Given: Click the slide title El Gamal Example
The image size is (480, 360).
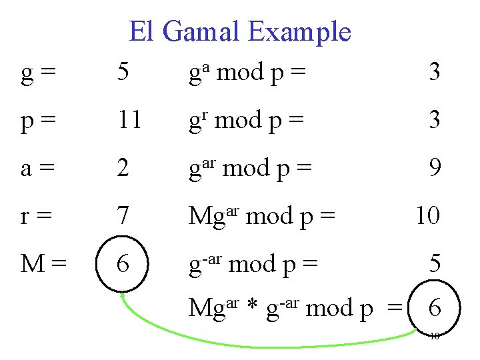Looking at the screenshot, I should [240, 31].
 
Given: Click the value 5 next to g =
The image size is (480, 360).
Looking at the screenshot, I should [122, 72].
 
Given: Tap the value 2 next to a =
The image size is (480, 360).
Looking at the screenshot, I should [122, 168].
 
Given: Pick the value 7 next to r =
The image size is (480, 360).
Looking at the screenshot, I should [122, 216].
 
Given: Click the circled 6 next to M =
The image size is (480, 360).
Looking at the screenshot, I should [123, 264].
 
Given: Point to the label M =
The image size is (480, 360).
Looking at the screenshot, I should [43, 264].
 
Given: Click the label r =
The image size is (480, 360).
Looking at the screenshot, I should [37, 216].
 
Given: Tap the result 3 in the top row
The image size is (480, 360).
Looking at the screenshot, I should [435, 72].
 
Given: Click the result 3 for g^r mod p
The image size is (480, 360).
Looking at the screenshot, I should [435, 120].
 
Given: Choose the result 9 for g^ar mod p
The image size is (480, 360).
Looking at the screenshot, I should [435, 168].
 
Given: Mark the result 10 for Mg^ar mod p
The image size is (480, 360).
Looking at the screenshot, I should [427, 216].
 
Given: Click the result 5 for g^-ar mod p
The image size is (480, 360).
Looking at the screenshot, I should [435, 264].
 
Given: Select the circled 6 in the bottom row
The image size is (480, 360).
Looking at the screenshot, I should [435, 308].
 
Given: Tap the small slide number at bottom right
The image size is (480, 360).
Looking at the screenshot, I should [434, 336].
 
